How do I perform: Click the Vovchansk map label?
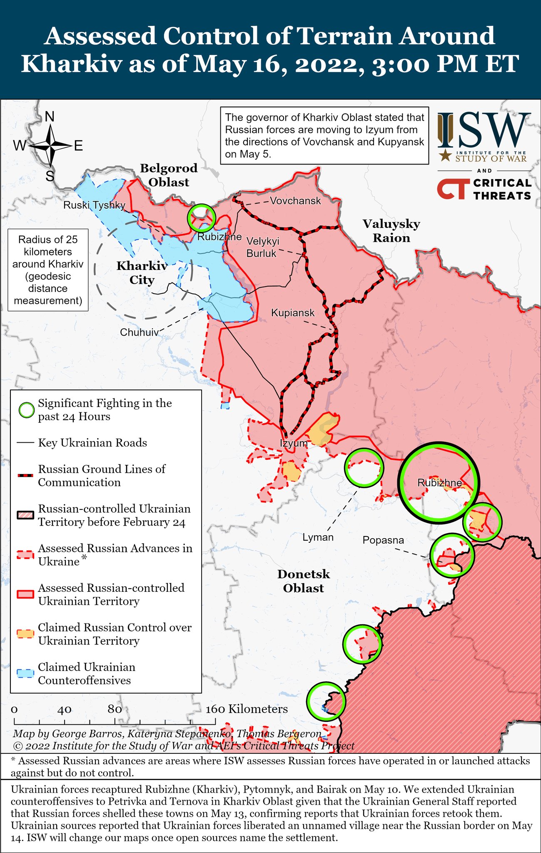click(x=295, y=201)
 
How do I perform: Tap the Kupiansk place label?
click(x=293, y=313)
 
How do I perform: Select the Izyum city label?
click(x=294, y=443)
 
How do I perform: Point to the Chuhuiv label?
click(x=139, y=332)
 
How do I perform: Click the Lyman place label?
click(x=318, y=537)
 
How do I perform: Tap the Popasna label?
click(x=383, y=540)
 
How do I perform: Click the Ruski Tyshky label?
click(x=94, y=205)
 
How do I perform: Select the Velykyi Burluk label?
click(x=262, y=247)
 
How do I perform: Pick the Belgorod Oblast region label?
click(x=169, y=175)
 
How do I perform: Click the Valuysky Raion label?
click(x=391, y=231)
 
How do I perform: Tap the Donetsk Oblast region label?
click(x=304, y=581)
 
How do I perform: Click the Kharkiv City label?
click(x=142, y=273)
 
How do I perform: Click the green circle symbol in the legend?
click(x=27, y=410)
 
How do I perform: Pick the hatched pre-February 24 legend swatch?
click(x=25, y=515)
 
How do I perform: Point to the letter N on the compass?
click(x=50, y=117)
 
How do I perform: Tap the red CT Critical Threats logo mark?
click(x=451, y=189)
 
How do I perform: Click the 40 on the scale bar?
click(x=65, y=710)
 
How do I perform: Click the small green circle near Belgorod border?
click(x=201, y=218)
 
